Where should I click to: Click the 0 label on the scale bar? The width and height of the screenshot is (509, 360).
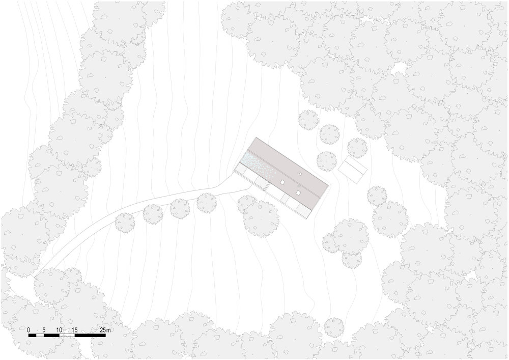(x=29, y=330)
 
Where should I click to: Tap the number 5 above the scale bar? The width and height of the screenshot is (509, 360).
(x=44, y=330)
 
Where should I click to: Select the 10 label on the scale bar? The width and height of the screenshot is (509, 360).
(x=59, y=330)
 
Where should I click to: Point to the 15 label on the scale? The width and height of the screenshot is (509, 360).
(x=74, y=330)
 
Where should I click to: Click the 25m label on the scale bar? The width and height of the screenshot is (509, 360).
(x=105, y=330)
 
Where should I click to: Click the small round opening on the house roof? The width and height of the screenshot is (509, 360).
(x=300, y=174)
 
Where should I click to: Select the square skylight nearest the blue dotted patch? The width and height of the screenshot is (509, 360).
(x=282, y=182)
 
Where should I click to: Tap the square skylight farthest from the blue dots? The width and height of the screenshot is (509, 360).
(x=298, y=192)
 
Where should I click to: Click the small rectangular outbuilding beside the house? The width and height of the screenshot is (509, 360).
(x=353, y=170)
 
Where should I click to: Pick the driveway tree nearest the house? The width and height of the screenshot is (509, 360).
(x=207, y=203)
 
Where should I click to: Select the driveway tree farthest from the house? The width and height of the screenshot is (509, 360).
(x=125, y=223)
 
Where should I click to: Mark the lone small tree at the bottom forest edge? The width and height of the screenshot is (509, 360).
(x=334, y=327)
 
